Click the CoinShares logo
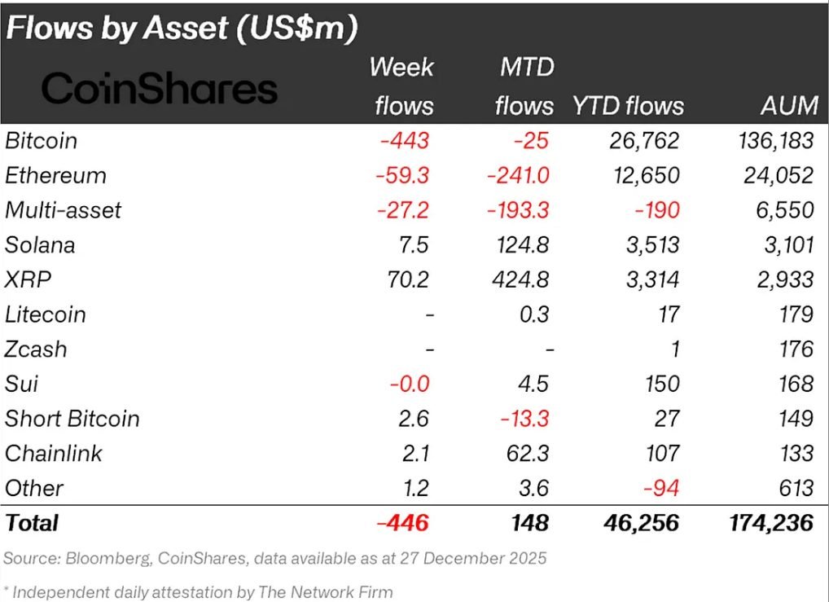pyautogui.click(x=160, y=88)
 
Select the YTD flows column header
pyautogui.click(x=627, y=105)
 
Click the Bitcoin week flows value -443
pyautogui.click(x=404, y=140)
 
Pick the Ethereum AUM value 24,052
pyautogui.click(x=773, y=175)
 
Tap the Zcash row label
pyautogui.click(x=36, y=349)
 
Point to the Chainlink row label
pyautogui.click(x=54, y=453)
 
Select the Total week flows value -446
pyautogui.click(x=405, y=522)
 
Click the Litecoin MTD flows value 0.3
pyautogui.click(x=533, y=314)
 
